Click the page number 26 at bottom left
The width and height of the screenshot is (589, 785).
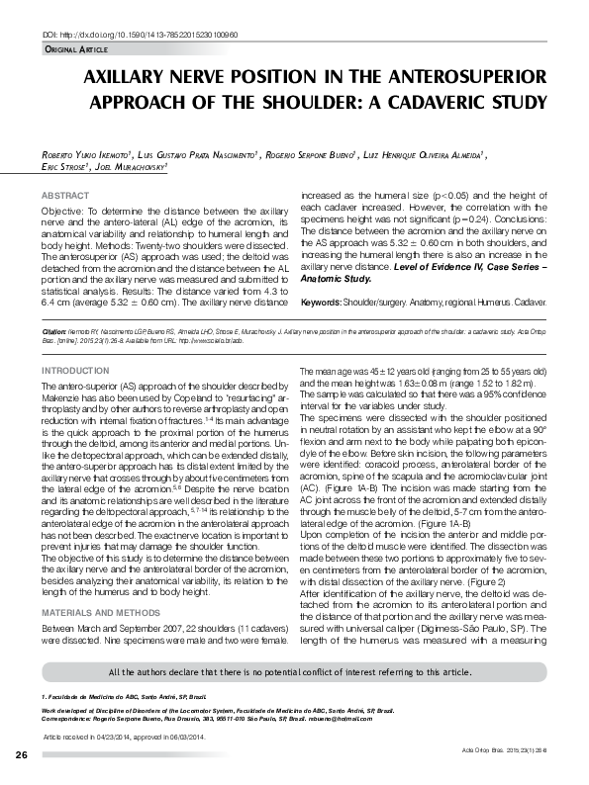pos(21,755)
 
